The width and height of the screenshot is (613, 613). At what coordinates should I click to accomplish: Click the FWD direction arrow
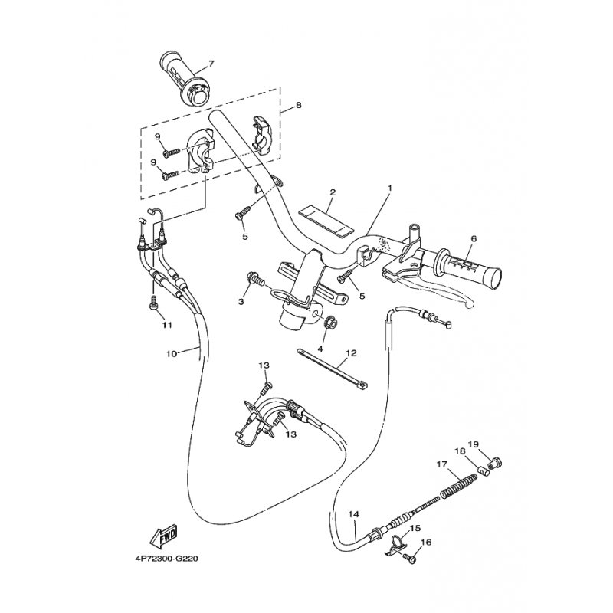[164, 536]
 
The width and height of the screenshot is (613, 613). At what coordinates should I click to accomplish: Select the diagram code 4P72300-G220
[167, 559]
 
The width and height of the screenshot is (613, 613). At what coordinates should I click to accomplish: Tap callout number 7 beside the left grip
[211, 63]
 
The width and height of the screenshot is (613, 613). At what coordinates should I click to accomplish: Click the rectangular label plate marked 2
[325, 221]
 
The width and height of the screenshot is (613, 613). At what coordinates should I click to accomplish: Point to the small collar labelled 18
[484, 470]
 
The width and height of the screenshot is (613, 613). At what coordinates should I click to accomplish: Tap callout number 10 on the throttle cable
[171, 354]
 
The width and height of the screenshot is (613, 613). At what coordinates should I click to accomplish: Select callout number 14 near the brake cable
[354, 514]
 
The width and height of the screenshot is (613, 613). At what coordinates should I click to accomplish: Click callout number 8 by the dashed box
[299, 105]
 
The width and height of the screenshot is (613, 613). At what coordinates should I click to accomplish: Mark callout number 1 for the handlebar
[389, 188]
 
